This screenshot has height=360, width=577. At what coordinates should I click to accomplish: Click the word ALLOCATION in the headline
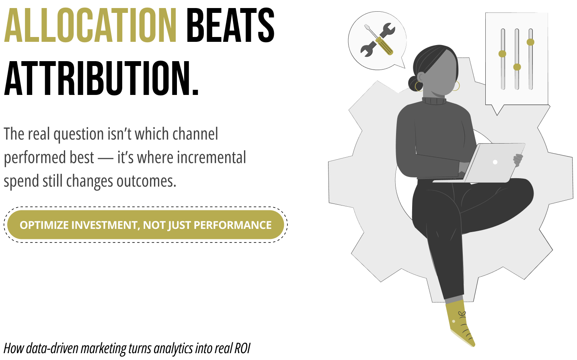point(90,25)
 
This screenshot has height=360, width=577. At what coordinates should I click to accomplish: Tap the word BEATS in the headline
point(230,25)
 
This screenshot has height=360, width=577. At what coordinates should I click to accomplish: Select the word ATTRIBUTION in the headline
point(101,78)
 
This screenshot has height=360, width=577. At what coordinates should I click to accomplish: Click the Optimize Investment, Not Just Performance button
point(146,225)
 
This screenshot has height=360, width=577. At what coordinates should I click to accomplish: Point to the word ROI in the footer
point(242,348)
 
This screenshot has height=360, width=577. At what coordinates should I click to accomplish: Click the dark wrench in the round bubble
point(378,40)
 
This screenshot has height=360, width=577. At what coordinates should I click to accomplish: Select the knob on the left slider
point(502,54)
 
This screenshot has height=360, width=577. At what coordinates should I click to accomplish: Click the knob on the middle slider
point(517,67)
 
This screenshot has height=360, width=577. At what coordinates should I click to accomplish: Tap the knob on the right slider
point(530,42)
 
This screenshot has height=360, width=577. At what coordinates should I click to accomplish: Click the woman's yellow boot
point(460,323)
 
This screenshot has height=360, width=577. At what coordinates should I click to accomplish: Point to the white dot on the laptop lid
point(495,162)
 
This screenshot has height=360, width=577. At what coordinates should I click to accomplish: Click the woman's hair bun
point(413,83)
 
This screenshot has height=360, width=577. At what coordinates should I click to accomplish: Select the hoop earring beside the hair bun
point(418,86)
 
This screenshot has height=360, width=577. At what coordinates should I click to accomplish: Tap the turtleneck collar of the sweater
point(434,101)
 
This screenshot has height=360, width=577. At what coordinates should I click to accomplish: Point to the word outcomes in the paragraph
point(146,181)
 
